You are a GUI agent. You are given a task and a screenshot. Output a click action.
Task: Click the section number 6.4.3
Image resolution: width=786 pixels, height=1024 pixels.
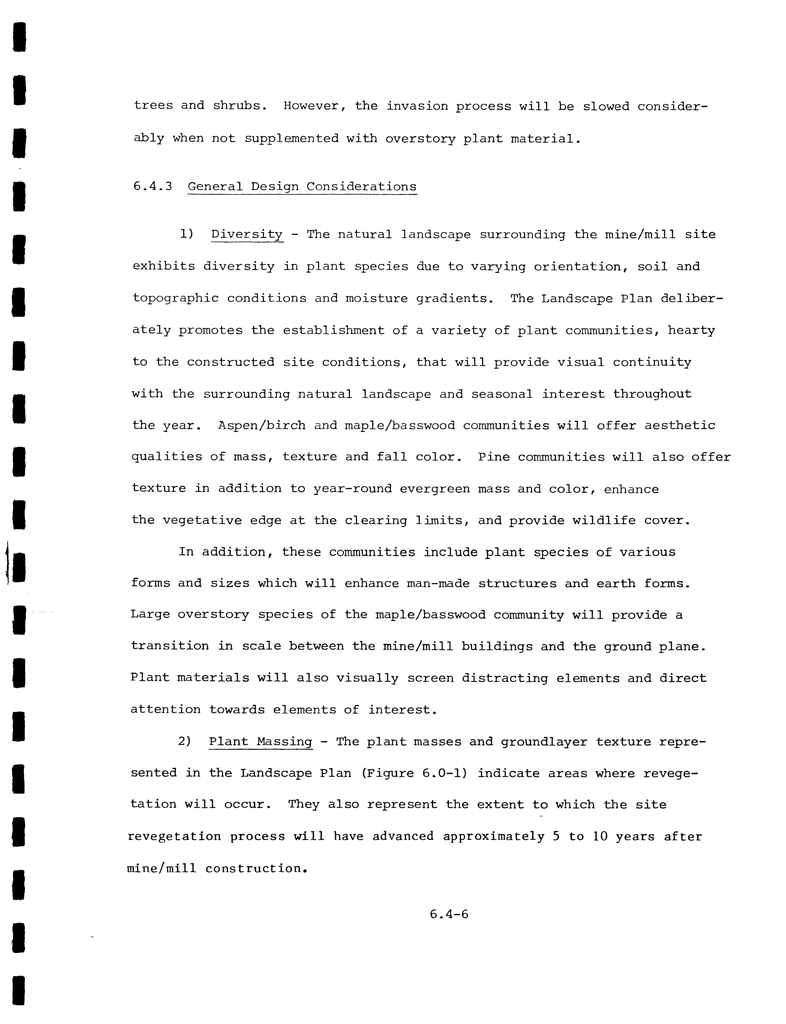click(153, 187)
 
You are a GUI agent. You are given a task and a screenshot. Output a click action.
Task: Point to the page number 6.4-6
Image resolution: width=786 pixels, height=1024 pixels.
click(449, 914)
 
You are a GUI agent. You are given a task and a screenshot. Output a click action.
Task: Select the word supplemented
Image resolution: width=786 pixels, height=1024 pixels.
click(292, 139)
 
